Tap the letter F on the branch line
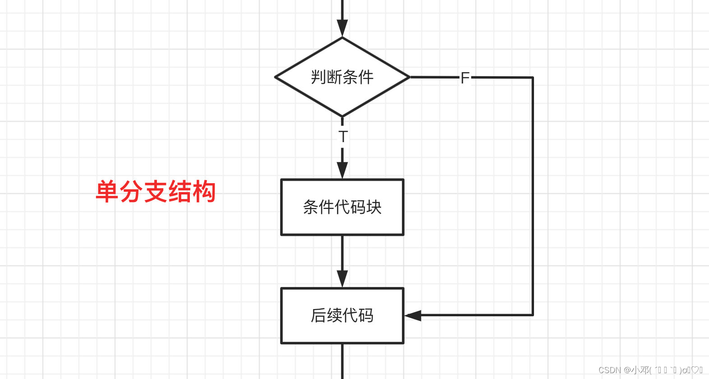pyautogui.click(x=465, y=78)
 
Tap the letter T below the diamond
pyautogui.click(x=343, y=136)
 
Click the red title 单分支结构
pyautogui.click(x=156, y=191)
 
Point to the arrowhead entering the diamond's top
pyautogui.click(x=342, y=29)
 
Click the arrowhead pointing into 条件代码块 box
pyautogui.click(x=342, y=170)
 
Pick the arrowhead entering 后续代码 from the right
pyautogui.click(x=413, y=315)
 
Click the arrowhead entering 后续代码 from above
pyautogui.click(x=342, y=279)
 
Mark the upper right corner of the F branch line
pyautogui.click(x=533, y=78)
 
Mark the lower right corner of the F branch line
pyautogui.click(x=533, y=315)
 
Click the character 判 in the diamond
pyautogui.click(x=318, y=77)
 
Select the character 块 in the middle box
pyautogui.click(x=374, y=207)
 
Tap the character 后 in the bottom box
pyautogui.click(x=318, y=315)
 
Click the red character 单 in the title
pyautogui.click(x=107, y=191)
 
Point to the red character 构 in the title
pyautogui.click(x=204, y=191)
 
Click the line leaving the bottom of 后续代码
pyautogui.click(x=342, y=361)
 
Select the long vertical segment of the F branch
pyautogui.click(x=533, y=196)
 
